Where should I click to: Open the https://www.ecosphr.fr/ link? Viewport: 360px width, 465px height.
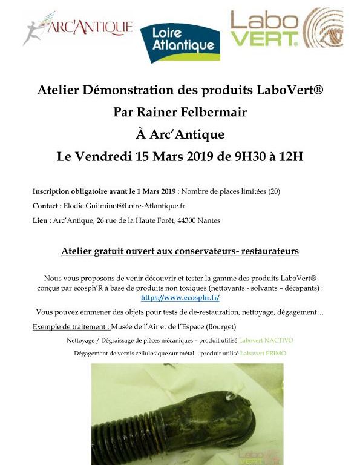coord(180,297)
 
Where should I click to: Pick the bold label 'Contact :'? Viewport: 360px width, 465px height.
coord(46,206)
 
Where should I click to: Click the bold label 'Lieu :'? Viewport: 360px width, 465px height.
coord(42,220)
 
